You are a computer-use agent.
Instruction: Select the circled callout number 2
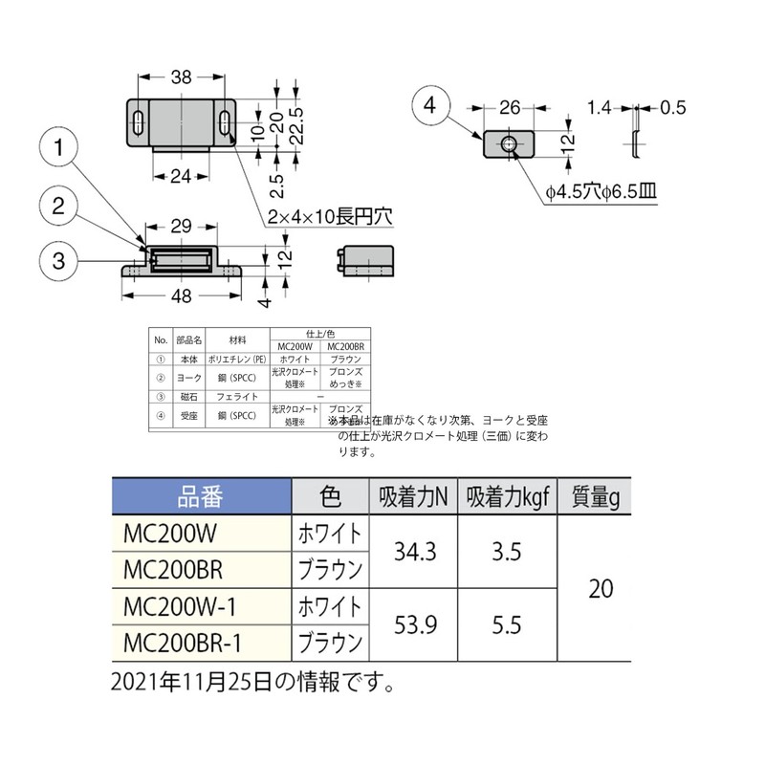pyautogui.click(x=59, y=205)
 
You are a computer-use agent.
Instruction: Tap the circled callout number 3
pyautogui.click(x=59, y=259)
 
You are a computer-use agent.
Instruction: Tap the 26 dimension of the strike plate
pyautogui.click(x=510, y=106)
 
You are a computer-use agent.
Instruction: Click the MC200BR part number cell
pyautogui.click(x=173, y=570)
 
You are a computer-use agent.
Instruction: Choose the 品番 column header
pyautogui.click(x=200, y=497)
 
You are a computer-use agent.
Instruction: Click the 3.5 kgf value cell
pyautogui.click(x=507, y=552)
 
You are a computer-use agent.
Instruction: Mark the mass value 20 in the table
pyautogui.click(x=600, y=588)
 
